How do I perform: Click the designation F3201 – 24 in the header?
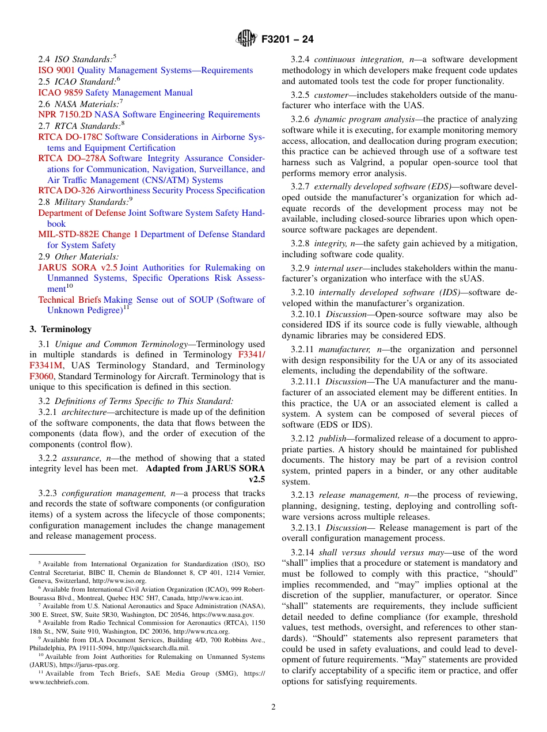pos(287,40)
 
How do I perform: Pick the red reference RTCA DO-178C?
pos(70,137)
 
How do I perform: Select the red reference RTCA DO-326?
pos(66,190)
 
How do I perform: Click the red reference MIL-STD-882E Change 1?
pos(88,234)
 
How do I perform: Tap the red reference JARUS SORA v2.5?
pos(78,268)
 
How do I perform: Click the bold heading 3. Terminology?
pos(60,329)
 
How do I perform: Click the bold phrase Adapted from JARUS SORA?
pos(206,468)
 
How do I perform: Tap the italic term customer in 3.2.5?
pos(331,94)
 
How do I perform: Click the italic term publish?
pos(332,439)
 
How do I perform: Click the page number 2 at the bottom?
pos(273,707)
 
